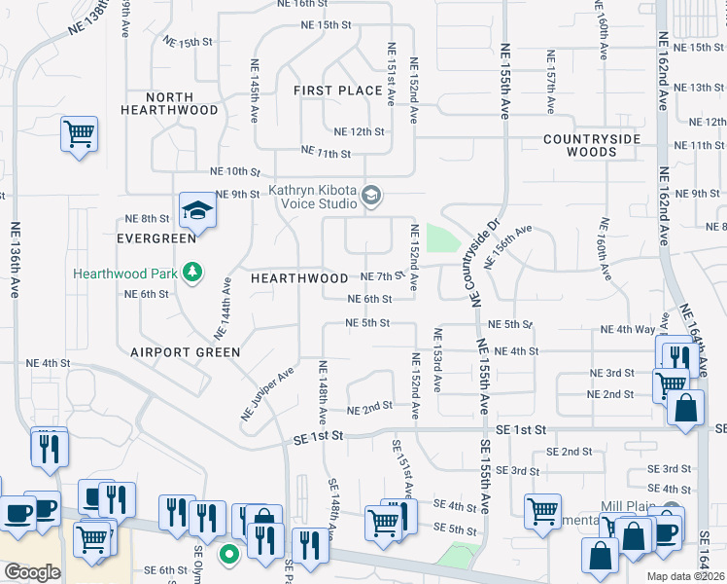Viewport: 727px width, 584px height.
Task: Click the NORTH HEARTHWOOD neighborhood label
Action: coord(169,103)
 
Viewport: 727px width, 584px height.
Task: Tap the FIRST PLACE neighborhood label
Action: coord(338,91)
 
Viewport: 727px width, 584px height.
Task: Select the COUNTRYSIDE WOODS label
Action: coord(592,145)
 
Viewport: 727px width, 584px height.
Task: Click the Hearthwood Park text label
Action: coord(125,274)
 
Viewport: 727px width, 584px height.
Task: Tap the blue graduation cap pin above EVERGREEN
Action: coord(195,209)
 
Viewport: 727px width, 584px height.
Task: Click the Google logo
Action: coord(32,571)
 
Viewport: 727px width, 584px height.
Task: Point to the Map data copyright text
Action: coord(686,576)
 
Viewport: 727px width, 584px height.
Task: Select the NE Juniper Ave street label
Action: coord(267,394)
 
